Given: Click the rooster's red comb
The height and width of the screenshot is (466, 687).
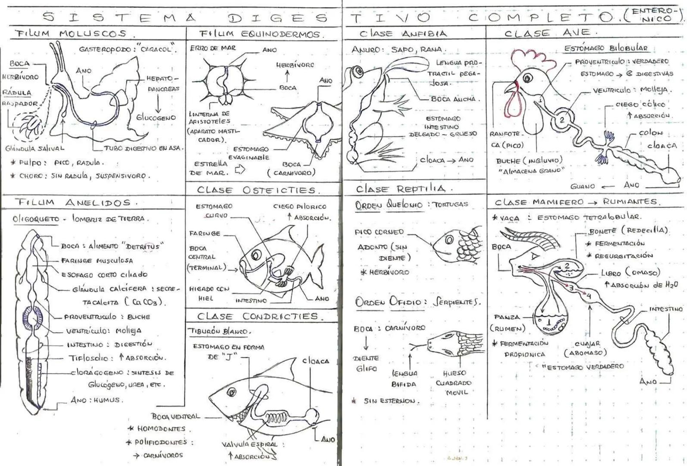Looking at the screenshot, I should [530, 59].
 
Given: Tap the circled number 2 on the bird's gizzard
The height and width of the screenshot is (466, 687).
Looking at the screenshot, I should [562, 120].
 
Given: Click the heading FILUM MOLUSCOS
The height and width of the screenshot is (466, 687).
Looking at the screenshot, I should [71, 34].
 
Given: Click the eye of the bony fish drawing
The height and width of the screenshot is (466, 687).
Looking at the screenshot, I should [256, 255].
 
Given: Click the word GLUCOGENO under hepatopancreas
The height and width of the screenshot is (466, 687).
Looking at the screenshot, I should [156, 117].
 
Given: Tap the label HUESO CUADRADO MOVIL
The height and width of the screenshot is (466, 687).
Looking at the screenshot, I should [453, 383].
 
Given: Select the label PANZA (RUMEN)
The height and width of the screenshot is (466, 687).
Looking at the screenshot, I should [507, 323].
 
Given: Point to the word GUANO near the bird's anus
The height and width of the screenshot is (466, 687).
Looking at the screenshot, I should [583, 186].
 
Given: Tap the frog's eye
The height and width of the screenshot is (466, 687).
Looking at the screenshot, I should [358, 72].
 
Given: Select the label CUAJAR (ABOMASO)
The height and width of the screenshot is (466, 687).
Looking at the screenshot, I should [585, 348].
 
